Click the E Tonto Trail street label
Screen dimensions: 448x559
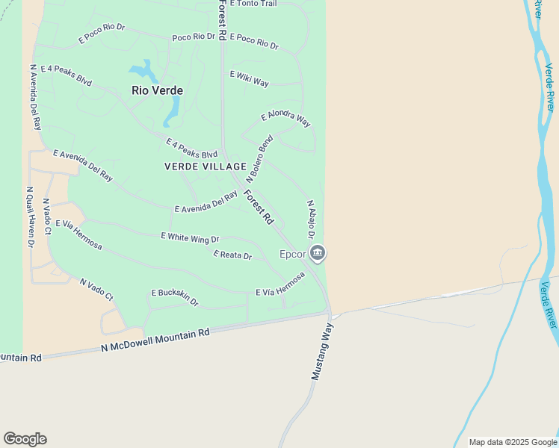[x=253, y=4]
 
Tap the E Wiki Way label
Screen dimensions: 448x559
[x=250, y=78]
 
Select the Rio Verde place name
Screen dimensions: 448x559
[x=157, y=90]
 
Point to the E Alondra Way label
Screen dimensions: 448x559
[x=285, y=118]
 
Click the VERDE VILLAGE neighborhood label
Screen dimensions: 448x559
[x=206, y=167]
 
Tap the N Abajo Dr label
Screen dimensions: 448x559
[x=311, y=220]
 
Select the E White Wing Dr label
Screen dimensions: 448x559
[x=190, y=237]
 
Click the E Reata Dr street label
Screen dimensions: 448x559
[x=232, y=255]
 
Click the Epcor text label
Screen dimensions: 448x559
[x=293, y=254]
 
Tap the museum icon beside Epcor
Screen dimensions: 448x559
[x=318, y=254]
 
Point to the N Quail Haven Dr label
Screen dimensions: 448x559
[x=31, y=217]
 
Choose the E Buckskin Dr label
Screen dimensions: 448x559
[x=175, y=297]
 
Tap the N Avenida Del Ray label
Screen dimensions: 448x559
[x=35, y=97]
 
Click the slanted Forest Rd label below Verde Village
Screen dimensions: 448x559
[x=259, y=208]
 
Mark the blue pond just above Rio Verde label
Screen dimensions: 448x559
[x=144, y=72]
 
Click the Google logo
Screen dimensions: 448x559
[x=25, y=439]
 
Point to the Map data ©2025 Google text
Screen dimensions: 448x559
[x=513, y=442]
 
